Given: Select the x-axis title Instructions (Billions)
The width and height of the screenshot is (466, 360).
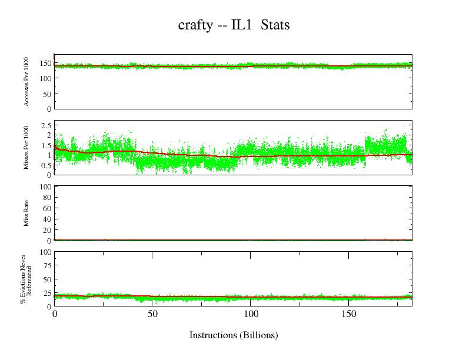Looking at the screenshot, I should (234, 335).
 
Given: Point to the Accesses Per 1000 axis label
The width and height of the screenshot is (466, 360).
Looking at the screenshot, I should (27, 83).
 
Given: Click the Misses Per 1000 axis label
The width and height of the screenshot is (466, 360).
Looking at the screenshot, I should (27, 147).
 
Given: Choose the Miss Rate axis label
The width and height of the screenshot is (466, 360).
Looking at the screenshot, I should (27, 213).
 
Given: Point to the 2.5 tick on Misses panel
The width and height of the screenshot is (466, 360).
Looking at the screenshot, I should (46, 126).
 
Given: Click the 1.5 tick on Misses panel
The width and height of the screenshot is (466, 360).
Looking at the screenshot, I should (46, 145).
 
